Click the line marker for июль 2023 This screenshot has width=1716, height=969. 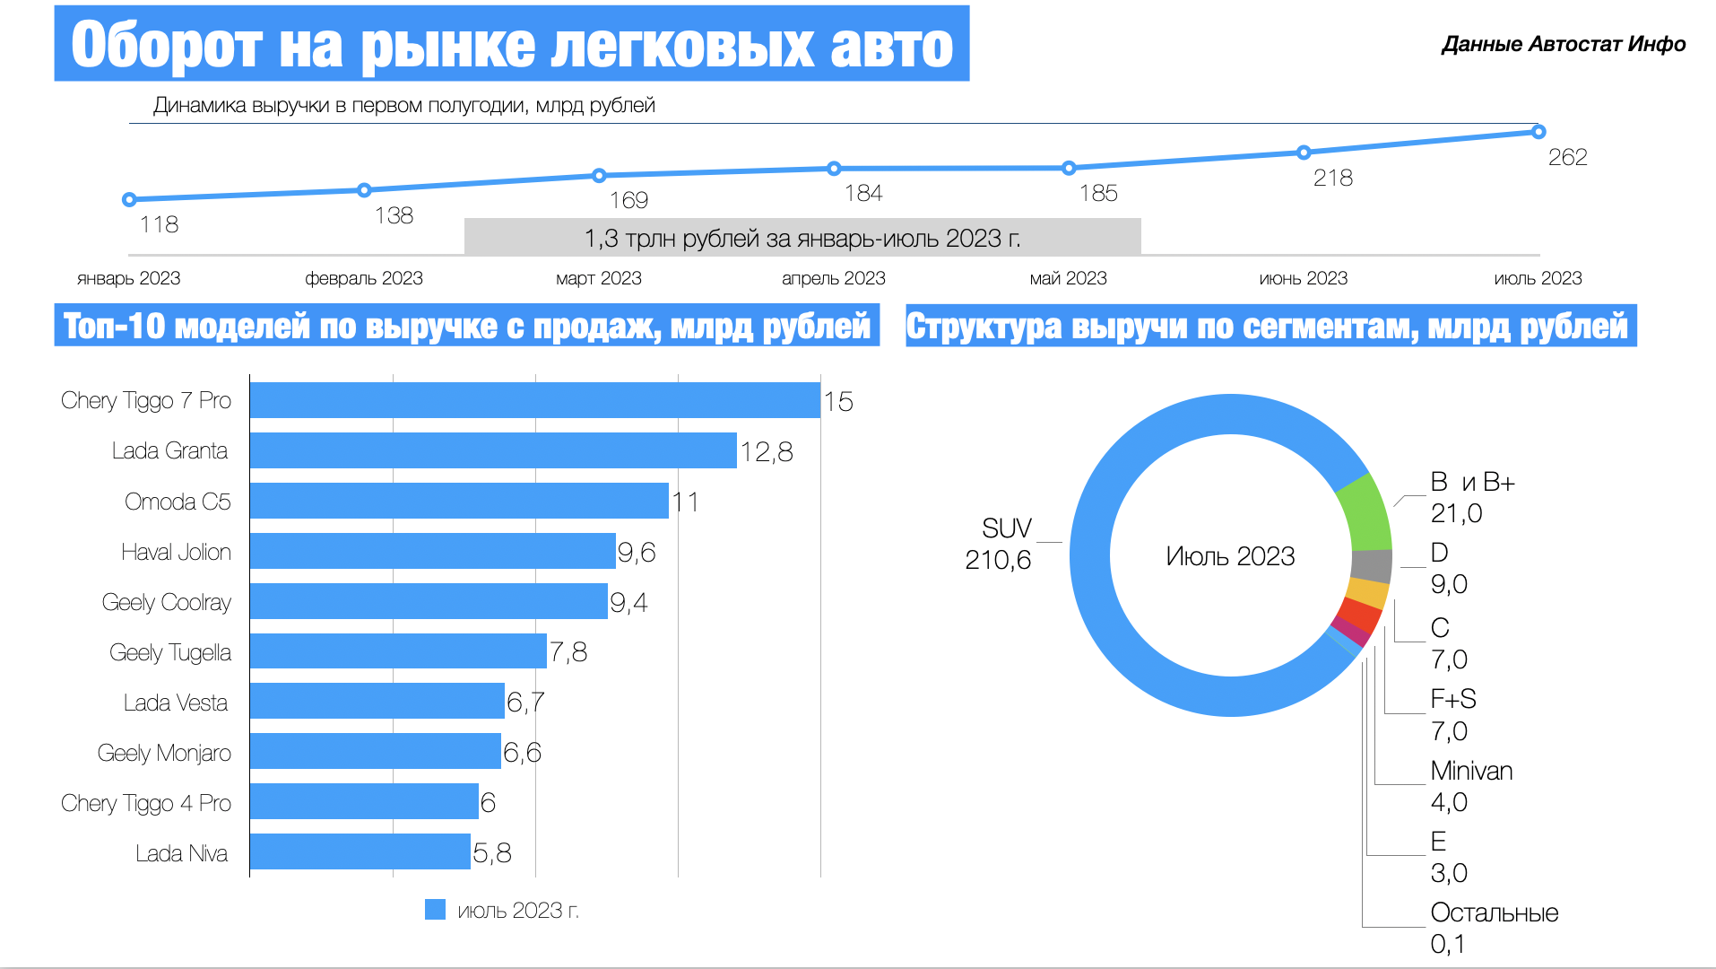[1538, 132]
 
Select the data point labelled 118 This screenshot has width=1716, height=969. [129, 199]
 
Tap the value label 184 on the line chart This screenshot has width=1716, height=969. [863, 193]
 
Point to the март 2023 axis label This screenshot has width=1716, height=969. [598, 278]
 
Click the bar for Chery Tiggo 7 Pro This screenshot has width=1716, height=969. [534, 400]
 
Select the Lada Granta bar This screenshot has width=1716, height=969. [493, 450]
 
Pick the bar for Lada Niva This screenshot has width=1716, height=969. [360, 851]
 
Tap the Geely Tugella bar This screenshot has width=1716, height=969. [398, 651]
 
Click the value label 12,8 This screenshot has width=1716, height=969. [767, 451]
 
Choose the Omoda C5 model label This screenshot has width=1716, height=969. [178, 502]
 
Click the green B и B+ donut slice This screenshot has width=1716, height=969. [1365, 512]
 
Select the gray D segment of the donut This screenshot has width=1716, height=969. [1372, 566]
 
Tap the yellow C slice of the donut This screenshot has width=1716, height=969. [1367, 593]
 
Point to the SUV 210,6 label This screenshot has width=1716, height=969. [999, 544]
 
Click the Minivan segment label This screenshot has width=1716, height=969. [1471, 771]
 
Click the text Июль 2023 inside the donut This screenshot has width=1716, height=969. [1230, 556]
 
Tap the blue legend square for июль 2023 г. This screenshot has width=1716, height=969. [435, 910]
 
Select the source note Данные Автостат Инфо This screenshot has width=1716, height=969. [1563, 44]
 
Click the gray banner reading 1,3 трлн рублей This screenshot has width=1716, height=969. [802, 238]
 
